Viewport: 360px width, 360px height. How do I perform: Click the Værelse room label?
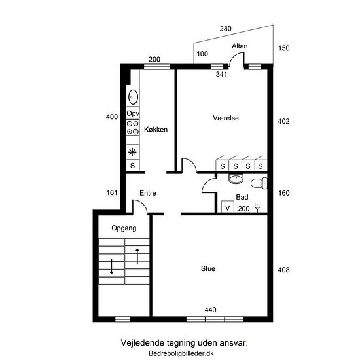tap(226, 118)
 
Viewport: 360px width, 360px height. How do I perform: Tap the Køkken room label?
tap(156, 130)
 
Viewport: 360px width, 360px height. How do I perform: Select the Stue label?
tap(208, 268)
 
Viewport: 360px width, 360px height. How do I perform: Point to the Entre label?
tap(148, 193)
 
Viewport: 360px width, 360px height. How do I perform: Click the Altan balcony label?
tap(240, 46)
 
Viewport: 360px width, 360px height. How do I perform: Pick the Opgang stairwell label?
tap(124, 228)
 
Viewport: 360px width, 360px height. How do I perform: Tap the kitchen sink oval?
tap(133, 97)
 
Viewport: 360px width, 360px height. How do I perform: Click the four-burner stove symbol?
tap(133, 128)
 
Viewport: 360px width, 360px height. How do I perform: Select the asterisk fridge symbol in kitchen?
tap(132, 152)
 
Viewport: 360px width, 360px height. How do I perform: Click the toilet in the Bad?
tap(259, 183)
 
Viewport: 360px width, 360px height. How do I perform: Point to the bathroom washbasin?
tap(236, 179)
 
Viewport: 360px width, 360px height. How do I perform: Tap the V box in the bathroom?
tap(228, 207)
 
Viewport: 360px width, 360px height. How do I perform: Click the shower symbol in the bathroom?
tap(258, 207)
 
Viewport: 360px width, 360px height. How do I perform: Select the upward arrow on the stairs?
tap(137, 256)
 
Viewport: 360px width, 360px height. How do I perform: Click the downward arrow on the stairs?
tap(111, 266)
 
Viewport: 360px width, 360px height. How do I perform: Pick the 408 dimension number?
tap(284, 270)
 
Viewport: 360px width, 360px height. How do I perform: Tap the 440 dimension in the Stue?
tap(210, 310)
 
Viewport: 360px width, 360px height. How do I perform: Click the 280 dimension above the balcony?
tap(225, 29)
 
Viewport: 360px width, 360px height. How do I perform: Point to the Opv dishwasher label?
tap(133, 113)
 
